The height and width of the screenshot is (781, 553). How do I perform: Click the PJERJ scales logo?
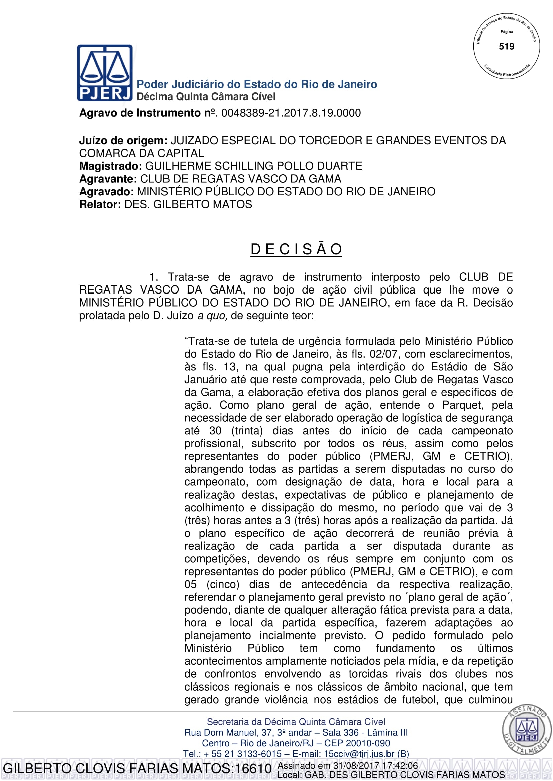coord(105,73)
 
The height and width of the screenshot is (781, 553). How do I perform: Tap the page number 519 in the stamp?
coord(506,47)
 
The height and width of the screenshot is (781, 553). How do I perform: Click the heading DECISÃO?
coord(296,249)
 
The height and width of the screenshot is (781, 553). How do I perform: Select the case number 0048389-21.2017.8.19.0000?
coord(291,113)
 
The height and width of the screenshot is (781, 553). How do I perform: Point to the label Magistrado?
coord(110,166)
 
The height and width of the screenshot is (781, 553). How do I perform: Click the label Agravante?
coord(108,179)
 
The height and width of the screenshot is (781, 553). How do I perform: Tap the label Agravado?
coord(106,192)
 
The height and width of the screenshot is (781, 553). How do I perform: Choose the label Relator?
coord(100,204)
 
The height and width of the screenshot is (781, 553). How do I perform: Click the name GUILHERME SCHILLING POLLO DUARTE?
coord(254,166)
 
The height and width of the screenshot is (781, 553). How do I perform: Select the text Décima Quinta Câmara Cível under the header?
coord(206,97)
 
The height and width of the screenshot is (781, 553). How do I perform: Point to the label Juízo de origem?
coord(123,141)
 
